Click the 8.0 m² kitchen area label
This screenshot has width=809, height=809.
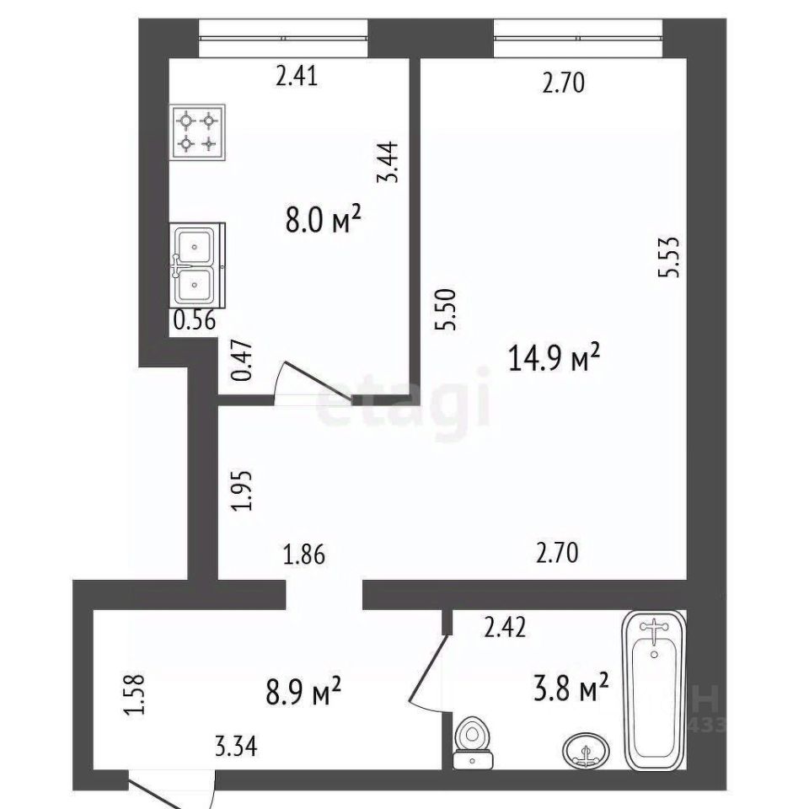click(x=323, y=220)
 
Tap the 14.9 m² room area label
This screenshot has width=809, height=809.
click(x=555, y=357)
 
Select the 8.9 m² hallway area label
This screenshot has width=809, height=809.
click(x=303, y=691)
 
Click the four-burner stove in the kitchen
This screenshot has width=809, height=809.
click(x=197, y=132)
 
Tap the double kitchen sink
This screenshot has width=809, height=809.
click(x=197, y=265)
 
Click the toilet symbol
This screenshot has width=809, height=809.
click(x=473, y=742)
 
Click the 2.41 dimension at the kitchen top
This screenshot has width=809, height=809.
click(x=297, y=77)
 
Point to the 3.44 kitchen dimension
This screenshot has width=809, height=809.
click(x=388, y=162)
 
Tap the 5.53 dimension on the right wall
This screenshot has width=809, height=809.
click(x=669, y=258)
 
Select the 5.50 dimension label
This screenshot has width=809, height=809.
click(x=446, y=309)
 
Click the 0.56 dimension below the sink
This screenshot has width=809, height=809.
click(x=194, y=321)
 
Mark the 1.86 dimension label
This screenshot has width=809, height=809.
click(x=304, y=555)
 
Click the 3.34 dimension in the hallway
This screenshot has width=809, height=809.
click(x=236, y=747)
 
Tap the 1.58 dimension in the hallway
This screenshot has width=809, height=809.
click(x=135, y=695)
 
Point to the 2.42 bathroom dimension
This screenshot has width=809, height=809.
click(x=505, y=627)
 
